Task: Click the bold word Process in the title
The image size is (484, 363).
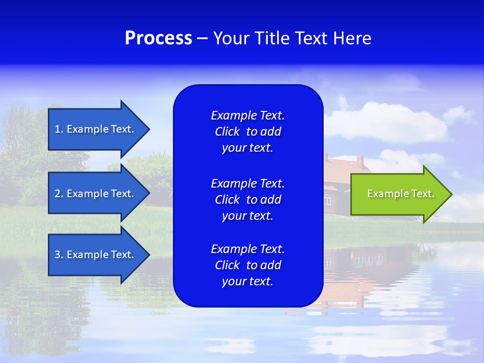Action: pyautogui.click(x=158, y=38)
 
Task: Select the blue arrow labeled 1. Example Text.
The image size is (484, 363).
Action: pyautogui.click(x=96, y=129)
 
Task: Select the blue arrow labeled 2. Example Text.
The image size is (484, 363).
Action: pyautogui.click(x=96, y=194)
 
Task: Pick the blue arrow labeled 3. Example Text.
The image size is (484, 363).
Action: pyautogui.click(x=96, y=255)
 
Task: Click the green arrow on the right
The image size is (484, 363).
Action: pyautogui.click(x=398, y=194)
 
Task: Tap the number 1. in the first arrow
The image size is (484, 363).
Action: pyautogui.click(x=59, y=129)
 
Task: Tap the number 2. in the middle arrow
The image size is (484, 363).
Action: pyautogui.click(x=59, y=194)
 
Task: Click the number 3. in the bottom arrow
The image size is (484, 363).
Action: pyautogui.click(x=59, y=255)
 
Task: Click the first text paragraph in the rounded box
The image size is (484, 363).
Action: pyautogui.click(x=248, y=132)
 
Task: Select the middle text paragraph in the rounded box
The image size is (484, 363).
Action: pyautogui.click(x=248, y=199)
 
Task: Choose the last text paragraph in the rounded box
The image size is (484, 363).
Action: pyautogui.click(x=248, y=265)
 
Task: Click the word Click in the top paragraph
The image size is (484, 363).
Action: pyautogui.click(x=227, y=132)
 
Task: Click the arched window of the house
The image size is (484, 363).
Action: pyautogui.click(x=328, y=200)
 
